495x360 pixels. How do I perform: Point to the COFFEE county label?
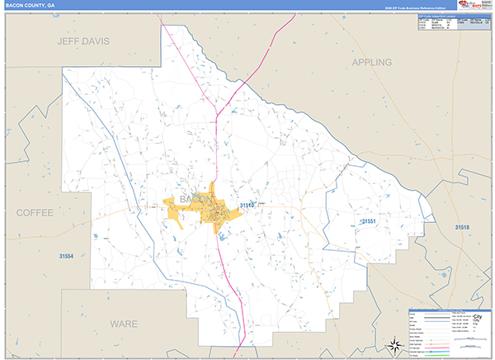(34, 212)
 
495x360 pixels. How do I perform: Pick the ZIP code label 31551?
(369, 221)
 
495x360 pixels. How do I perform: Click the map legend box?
(449, 332)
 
